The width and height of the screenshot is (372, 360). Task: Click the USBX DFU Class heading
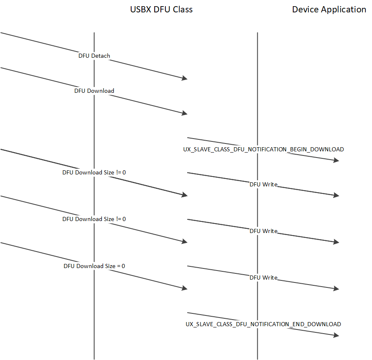click(x=161, y=9)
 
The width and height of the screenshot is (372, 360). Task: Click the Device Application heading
click(x=329, y=9)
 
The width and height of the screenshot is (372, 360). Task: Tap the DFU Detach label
click(x=94, y=56)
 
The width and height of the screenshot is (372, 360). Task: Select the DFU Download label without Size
click(x=94, y=91)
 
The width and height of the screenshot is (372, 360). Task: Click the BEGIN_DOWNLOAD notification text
click(x=263, y=149)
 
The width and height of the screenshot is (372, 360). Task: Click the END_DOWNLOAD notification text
click(x=263, y=324)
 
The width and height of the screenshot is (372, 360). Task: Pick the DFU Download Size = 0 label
click(x=94, y=266)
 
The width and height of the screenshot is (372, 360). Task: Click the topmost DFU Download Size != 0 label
click(x=94, y=172)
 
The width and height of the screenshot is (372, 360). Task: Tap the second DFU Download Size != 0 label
click(x=94, y=219)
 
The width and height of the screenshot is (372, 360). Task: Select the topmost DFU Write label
click(x=263, y=184)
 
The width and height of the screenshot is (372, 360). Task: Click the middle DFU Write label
click(x=263, y=231)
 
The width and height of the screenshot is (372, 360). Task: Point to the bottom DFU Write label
click(x=263, y=278)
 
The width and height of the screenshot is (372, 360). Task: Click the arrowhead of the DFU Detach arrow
click(x=184, y=78)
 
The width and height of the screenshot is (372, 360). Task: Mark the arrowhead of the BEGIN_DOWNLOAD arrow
click(x=336, y=160)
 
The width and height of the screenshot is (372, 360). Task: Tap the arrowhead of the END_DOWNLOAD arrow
click(x=336, y=335)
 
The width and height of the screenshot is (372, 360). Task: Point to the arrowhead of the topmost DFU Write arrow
click(x=336, y=195)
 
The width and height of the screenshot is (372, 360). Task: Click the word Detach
click(x=101, y=56)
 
